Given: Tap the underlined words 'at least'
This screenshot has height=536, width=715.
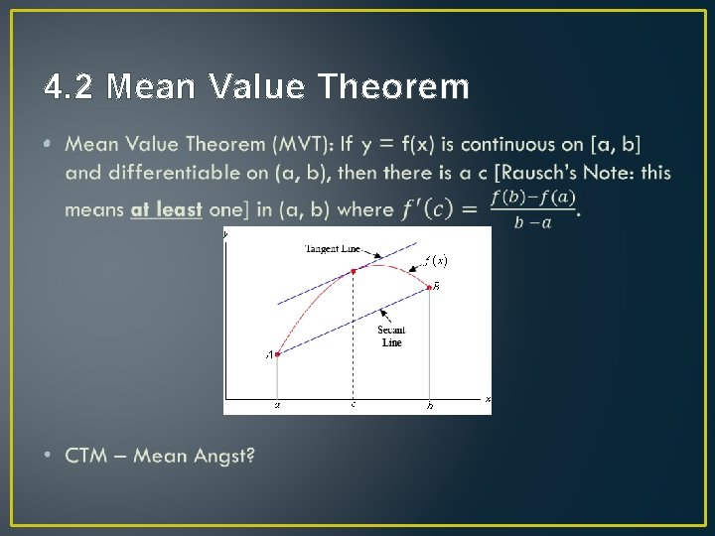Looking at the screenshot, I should tap(166, 209).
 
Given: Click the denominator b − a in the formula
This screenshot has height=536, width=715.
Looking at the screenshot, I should tap(533, 222).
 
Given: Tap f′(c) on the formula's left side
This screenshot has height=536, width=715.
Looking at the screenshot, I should tap(428, 209).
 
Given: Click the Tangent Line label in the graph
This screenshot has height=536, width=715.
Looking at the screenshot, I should tap(332, 249).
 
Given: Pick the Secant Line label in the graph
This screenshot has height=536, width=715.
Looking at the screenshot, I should tap(391, 335).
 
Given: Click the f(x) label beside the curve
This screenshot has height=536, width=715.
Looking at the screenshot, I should tap(435, 261).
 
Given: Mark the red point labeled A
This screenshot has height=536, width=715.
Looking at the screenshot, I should tap(277, 353).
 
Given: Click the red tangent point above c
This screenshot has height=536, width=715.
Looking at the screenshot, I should tap(353, 270).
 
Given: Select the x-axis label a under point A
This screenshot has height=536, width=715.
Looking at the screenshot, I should tap(277, 405).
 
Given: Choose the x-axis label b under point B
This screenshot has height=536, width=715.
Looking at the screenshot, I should tap(429, 405).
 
